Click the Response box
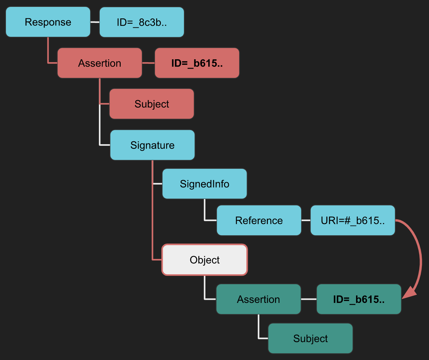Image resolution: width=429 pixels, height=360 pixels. [x=48, y=22]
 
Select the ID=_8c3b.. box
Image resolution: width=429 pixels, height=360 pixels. [x=142, y=22]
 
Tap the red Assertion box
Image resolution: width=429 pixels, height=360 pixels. [x=100, y=63]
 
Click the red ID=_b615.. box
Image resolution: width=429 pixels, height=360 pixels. [x=197, y=63]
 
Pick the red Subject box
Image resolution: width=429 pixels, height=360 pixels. [x=152, y=104]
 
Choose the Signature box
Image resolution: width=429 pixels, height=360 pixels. [x=152, y=145]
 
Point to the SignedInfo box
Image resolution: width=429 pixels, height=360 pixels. [x=205, y=184]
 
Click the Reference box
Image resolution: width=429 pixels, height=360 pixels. [x=259, y=220]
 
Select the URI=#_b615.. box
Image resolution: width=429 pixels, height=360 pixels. [x=353, y=220]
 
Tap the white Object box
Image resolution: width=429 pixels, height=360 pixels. [x=205, y=260]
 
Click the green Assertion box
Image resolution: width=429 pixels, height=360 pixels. [x=258, y=299]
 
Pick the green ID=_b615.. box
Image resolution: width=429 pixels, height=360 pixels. [x=359, y=299]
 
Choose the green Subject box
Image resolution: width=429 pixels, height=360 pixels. [x=311, y=338]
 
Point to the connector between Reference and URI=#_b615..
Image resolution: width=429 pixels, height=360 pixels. [x=306, y=220]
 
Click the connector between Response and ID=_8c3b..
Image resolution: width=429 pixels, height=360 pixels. [x=95, y=22]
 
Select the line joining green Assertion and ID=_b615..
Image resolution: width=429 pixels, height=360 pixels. [x=309, y=299]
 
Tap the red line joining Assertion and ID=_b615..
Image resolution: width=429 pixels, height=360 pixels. [x=148, y=63]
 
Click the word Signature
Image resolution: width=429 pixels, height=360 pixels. [x=152, y=145]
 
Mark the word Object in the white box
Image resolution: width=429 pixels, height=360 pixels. [x=205, y=260]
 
